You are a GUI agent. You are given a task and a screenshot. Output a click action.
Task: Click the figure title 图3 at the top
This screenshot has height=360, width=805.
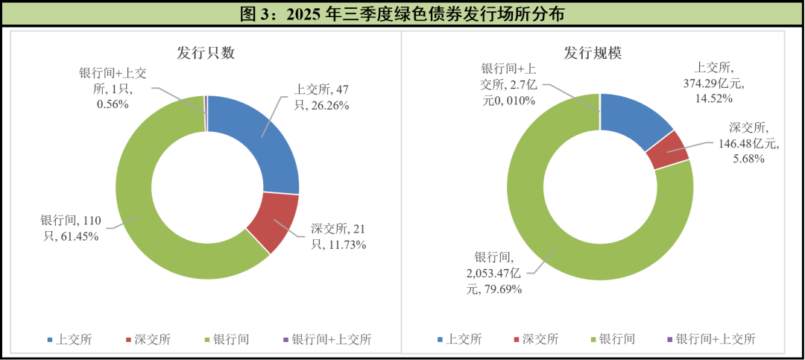coord(402,13)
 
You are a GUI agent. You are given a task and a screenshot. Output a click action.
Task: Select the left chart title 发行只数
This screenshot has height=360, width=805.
coord(206,52)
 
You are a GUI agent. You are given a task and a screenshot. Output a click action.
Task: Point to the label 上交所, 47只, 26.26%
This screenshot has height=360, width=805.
coord(321,98)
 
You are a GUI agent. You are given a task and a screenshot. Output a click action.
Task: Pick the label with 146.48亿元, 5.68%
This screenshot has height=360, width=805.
coord(737,143)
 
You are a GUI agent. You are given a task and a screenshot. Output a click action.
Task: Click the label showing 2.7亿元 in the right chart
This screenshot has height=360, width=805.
coord(507,84)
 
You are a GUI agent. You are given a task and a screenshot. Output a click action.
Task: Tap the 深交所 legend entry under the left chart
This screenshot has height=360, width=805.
coord(146,340)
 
